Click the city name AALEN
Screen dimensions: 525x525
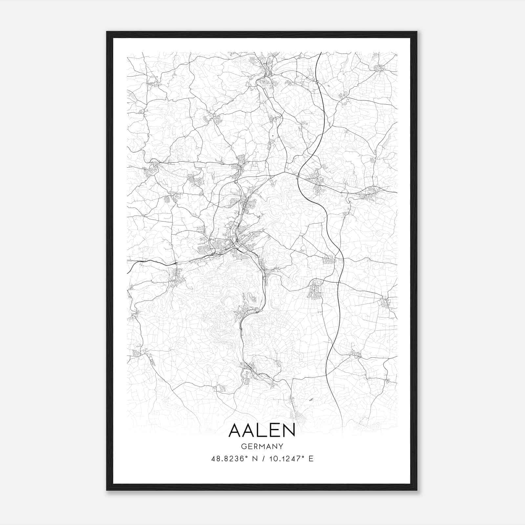click(262, 430)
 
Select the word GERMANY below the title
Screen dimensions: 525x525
click(262, 447)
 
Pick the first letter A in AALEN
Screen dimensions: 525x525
click(235, 430)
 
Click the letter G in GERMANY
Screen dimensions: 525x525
click(243, 447)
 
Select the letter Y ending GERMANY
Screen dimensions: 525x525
click(281, 447)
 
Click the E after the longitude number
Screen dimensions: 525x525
click(311, 459)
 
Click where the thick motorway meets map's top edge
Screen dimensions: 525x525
click(321, 52)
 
